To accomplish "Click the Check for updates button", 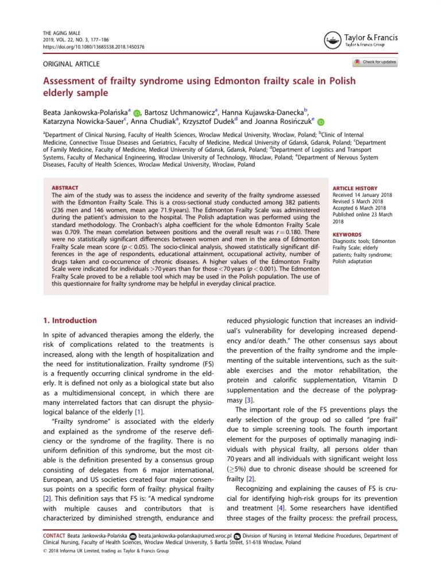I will (376, 62).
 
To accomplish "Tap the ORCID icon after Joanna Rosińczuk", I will (321, 122).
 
